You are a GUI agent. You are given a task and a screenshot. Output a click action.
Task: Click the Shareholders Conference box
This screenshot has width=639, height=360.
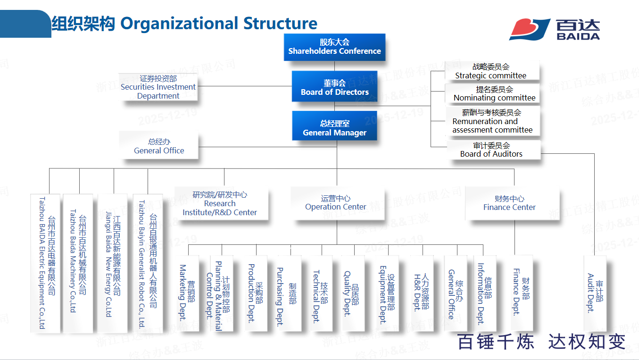coord(334,47)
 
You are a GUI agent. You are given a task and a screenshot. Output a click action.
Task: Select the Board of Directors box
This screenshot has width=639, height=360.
coord(335,86)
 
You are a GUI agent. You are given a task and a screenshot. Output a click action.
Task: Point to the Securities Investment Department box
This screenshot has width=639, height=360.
coord(158,87)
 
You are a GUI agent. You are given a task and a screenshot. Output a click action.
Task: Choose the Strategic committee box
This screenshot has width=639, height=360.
coord(491,71)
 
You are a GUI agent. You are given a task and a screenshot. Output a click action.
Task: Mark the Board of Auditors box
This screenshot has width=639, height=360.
coord(491,150)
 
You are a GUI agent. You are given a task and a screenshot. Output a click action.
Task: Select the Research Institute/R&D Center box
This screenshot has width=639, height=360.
coord(220,203)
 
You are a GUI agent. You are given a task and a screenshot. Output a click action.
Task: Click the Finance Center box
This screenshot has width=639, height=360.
coord(509,203)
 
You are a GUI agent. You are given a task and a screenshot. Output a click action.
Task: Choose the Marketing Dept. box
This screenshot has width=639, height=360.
coord(187,293)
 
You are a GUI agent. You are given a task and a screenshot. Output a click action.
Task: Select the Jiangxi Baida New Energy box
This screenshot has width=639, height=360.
coord(113,262)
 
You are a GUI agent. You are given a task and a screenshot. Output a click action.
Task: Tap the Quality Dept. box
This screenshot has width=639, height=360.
coord(351,293)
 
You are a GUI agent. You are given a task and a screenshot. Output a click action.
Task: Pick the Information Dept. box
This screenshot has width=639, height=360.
coord(484,293)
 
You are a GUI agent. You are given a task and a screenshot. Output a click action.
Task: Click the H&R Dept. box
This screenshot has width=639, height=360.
coord(421,293)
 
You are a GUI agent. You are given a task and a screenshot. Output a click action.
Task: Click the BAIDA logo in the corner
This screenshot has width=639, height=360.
coord(555,29)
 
